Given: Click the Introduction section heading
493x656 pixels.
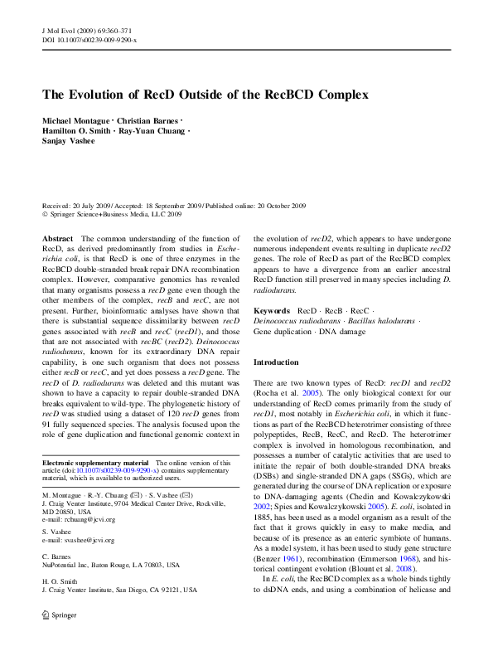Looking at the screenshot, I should pyautogui.click(x=277, y=362).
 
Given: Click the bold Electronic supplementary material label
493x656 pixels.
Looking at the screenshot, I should pyautogui.click(x=95, y=462).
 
